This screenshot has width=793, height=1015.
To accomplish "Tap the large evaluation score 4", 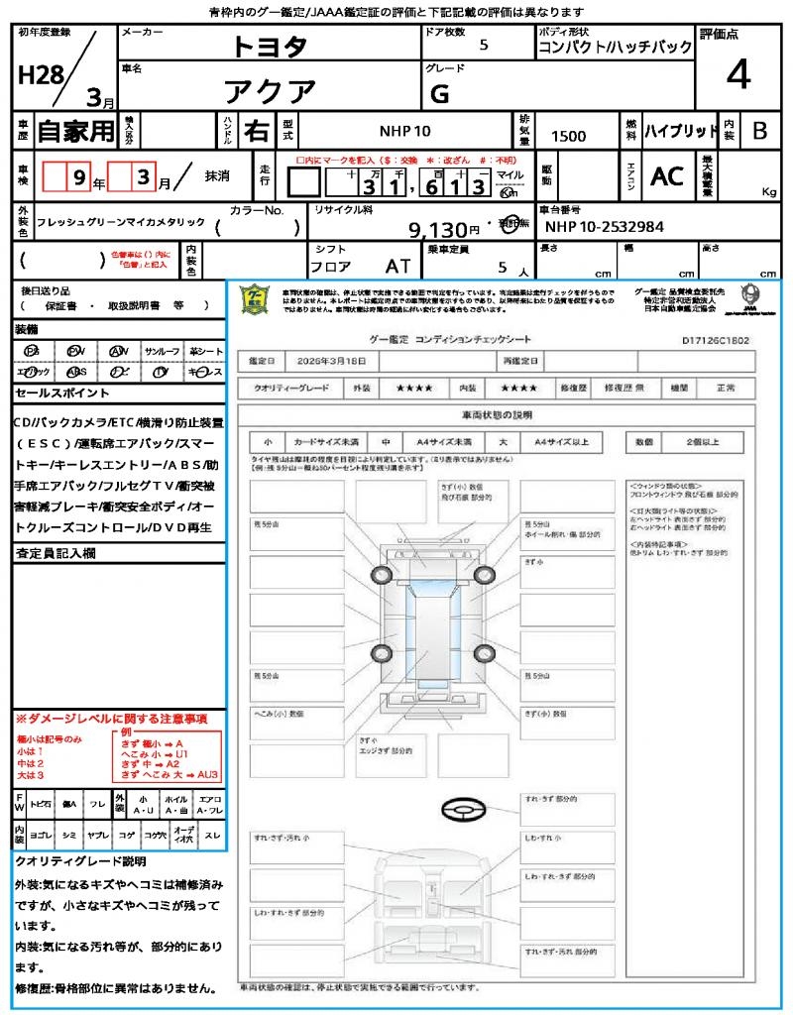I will coord(736,74).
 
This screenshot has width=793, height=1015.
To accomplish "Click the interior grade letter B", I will coord(759,131).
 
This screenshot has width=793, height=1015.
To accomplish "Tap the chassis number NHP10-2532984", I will coord(605,226).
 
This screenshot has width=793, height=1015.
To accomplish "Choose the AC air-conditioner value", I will coord(667,176).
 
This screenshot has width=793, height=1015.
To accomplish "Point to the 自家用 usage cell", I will coord(75,131).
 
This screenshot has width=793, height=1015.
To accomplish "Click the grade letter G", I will coord(439,95).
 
